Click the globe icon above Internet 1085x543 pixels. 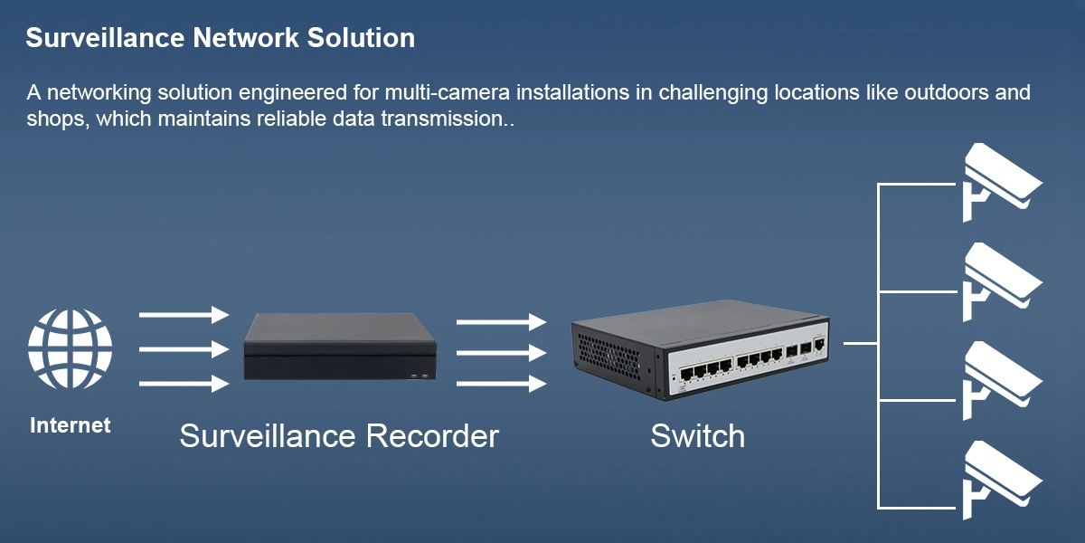[x=71, y=350]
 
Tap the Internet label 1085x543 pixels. [x=71, y=424]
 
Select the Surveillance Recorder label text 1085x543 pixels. [x=339, y=436]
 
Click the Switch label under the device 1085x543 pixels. [x=698, y=436]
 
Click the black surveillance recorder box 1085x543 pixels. [x=342, y=347]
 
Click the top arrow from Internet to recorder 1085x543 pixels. [x=184, y=315]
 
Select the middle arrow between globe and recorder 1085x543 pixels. [x=184, y=349]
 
